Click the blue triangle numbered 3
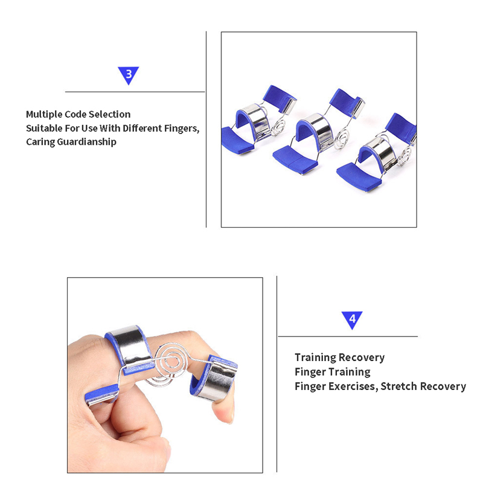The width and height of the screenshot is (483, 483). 129,74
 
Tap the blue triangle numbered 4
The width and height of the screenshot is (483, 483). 352,319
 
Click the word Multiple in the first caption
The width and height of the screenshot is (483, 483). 43,115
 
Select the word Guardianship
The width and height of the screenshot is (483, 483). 86,142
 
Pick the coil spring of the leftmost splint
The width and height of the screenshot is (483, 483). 278,126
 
